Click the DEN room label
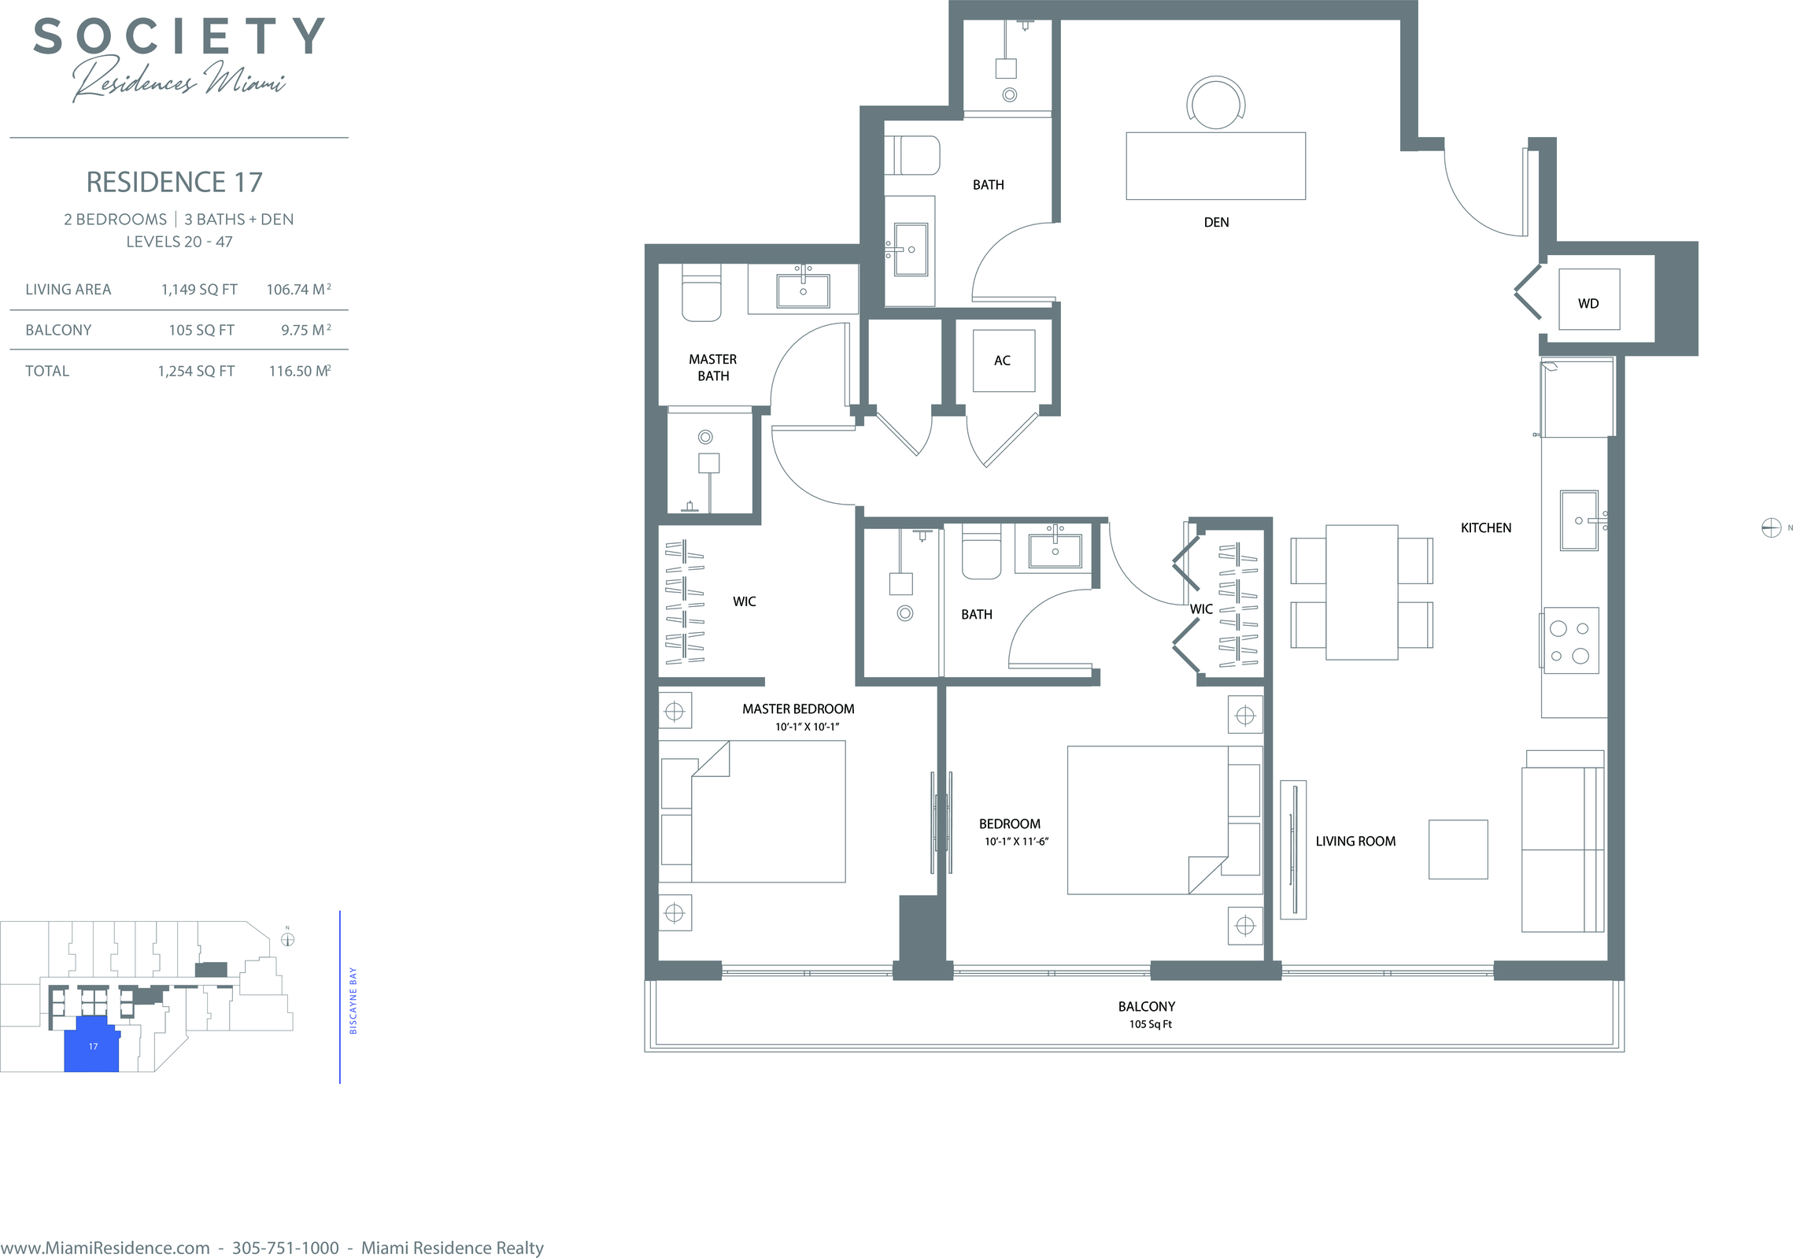tap(1216, 222)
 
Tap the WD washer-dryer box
tap(1589, 299)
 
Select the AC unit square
tap(1004, 361)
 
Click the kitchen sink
tap(1579, 521)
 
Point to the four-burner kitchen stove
tap(1571, 641)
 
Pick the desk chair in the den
tap(1216, 102)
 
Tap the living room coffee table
tap(1458, 849)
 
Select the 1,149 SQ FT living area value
tap(199, 290)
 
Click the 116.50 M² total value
tap(300, 371)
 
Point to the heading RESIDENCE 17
tap(174, 182)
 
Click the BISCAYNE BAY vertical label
tap(353, 1001)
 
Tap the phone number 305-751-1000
tap(286, 1248)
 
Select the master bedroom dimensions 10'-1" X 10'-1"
tap(807, 727)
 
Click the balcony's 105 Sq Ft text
tap(1150, 1024)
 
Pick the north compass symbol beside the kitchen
tap(1771, 527)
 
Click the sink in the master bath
tap(803, 290)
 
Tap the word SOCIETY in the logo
tap(179, 36)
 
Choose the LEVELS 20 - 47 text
tap(179, 242)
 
